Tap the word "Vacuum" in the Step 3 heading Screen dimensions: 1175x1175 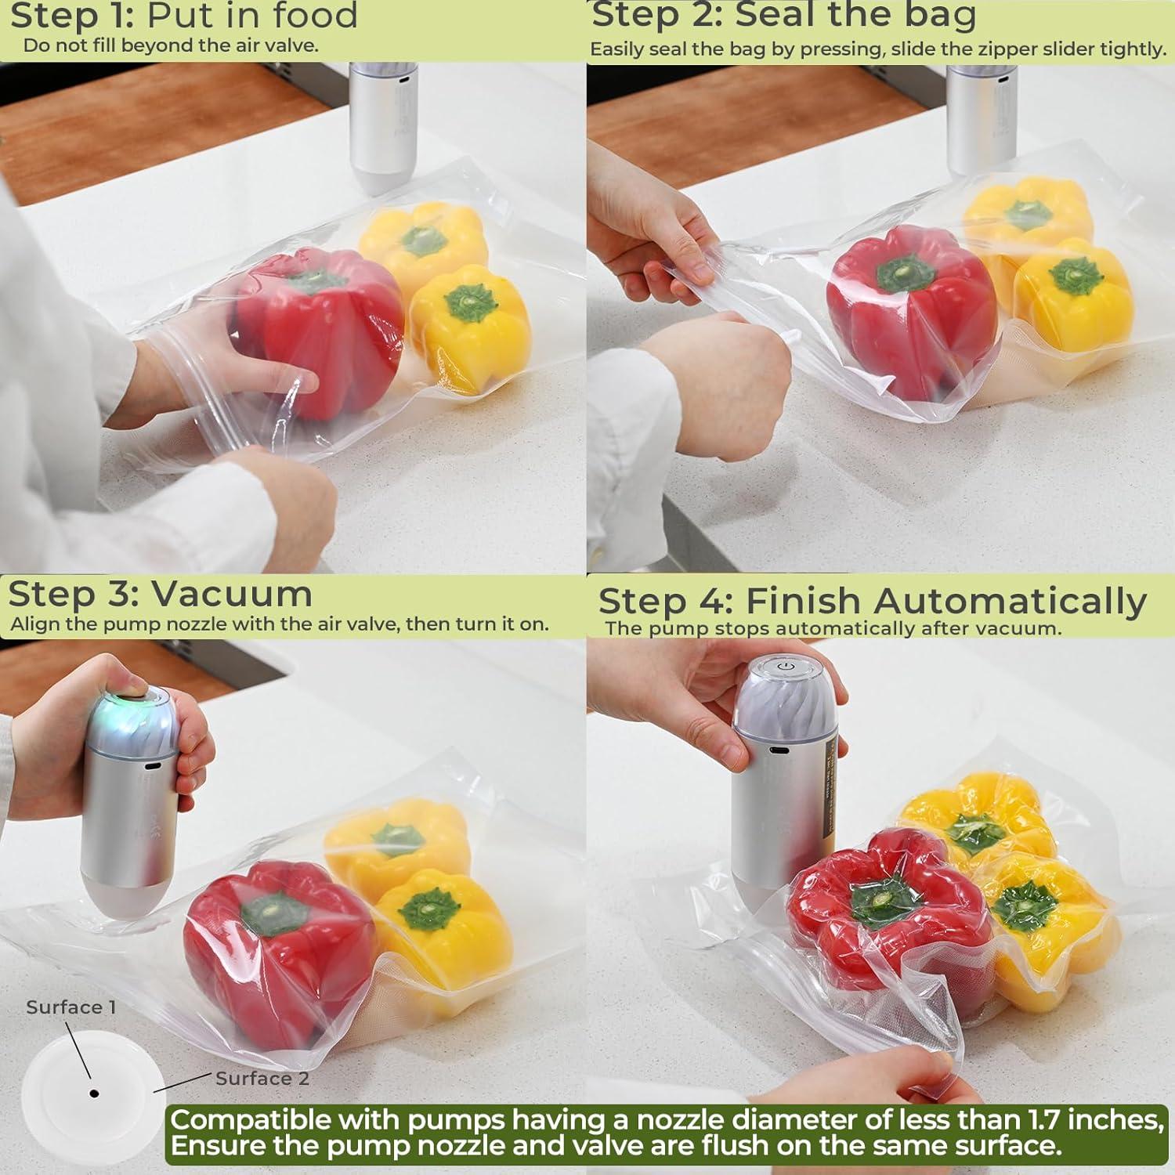(x=231, y=594)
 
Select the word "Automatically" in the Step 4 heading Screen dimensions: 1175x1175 (x=1010, y=602)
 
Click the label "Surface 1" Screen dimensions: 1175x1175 (x=70, y=1007)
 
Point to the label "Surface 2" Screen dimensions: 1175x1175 (x=262, y=1079)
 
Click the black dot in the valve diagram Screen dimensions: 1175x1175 (x=94, y=1094)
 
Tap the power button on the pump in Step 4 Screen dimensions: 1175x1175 (x=785, y=667)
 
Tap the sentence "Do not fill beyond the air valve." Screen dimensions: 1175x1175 (x=170, y=45)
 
